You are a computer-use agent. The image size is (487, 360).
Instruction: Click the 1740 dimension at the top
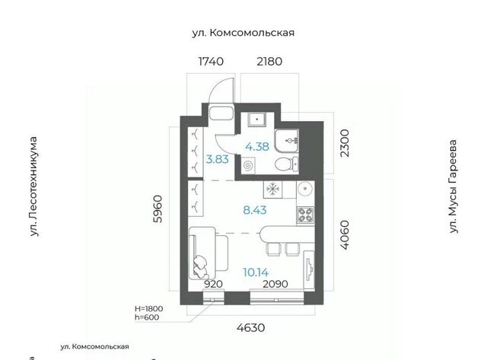tap(211, 62)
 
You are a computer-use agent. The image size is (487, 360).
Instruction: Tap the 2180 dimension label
tap(269, 62)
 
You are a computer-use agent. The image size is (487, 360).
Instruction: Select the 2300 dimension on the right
tap(345, 143)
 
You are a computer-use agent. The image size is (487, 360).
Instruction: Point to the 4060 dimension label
tap(345, 235)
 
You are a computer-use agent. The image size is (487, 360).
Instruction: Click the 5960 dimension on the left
tap(158, 209)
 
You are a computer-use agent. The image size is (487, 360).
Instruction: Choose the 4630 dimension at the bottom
tap(251, 327)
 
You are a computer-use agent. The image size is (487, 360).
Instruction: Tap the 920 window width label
tap(214, 284)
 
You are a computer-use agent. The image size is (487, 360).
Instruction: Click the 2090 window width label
tap(275, 284)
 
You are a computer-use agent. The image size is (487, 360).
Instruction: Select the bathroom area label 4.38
tap(257, 147)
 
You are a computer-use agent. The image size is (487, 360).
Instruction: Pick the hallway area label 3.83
tap(217, 159)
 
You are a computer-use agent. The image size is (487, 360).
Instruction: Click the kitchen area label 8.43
tap(255, 210)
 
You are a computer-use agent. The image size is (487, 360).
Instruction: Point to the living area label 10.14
tap(256, 272)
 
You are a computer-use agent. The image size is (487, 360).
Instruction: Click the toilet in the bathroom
tap(286, 164)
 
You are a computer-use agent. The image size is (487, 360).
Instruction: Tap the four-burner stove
tap(305, 215)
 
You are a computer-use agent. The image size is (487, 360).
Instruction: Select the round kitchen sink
tap(306, 188)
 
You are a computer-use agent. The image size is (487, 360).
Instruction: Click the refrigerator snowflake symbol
tap(273, 189)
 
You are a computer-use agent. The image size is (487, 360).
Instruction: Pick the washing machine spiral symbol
tap(249, 165)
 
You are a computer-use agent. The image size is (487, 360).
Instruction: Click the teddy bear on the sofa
tap(200, 267)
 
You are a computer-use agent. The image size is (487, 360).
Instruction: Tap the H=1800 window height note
tap(149, 309)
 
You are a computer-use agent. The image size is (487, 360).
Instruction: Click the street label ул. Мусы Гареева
tap(454, 186)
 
